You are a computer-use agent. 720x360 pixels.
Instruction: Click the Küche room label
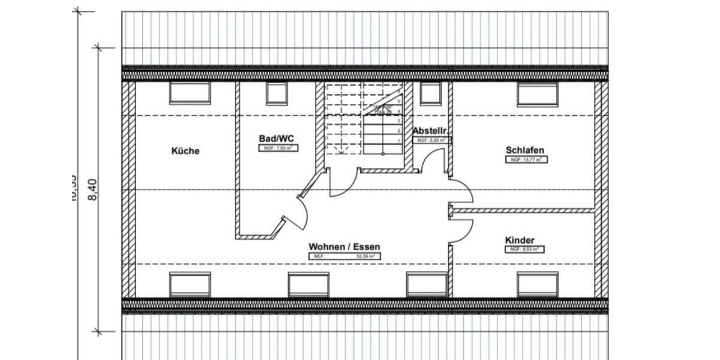[185, 151]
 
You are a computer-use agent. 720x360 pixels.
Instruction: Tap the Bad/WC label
[277, 138]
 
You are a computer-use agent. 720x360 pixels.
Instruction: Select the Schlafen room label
[525, 151]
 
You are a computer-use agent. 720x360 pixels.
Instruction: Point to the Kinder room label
[520, 240]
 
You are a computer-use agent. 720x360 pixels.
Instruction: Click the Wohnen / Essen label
[344, 247]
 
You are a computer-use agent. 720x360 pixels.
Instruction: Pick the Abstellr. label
[431, 131]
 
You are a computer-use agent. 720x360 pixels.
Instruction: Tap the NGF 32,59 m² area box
[344, 256]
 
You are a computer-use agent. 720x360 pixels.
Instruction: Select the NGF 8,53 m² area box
[523, 249]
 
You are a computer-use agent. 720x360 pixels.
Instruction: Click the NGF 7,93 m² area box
[278, 148]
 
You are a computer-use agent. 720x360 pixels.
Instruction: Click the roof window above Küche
[190, 93]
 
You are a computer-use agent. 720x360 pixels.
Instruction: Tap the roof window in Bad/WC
[277, 94]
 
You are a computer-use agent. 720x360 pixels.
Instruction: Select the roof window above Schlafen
[538, 94]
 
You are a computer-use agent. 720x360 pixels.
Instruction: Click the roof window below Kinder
[538, 284]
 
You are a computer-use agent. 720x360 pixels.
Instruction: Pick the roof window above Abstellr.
[430, 94]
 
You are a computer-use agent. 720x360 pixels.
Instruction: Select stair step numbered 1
[398, 140]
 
